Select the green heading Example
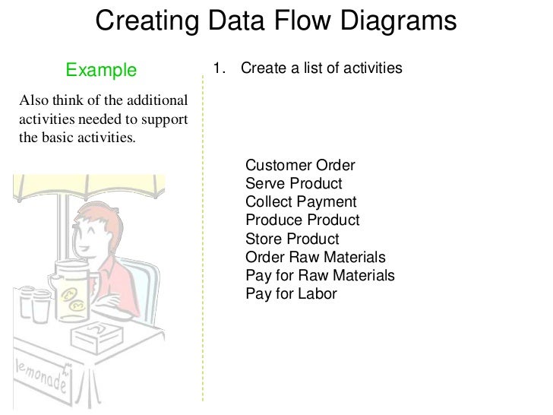(x=101, y=71)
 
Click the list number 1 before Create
(x=218, y=69)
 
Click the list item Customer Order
(x=300, y=166)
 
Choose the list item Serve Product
(x=293, y=184)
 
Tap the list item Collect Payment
(x=301, y=202)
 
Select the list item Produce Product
(x=302, y=220)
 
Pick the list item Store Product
(x=292, y=239)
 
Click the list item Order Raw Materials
(x=315, y=257)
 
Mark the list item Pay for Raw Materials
(x=320, y=275)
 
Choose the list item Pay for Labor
(x=291, y=293)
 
